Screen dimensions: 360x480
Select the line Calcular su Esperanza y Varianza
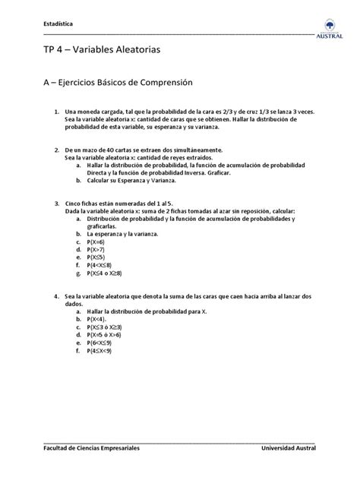point(131,181)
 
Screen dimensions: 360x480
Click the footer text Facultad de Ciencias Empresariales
point(90,449)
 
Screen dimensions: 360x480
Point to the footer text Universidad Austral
point(288,449)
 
